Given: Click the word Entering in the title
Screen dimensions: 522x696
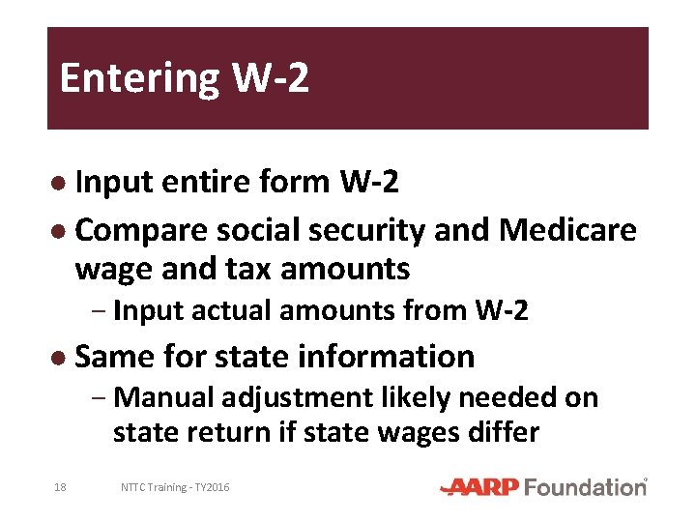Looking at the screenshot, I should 140,78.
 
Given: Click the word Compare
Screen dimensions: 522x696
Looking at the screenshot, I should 140,230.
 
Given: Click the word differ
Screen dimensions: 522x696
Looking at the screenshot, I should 504,431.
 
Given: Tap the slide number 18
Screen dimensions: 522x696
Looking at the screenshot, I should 61,487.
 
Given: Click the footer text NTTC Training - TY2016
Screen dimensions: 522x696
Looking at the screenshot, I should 175,487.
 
